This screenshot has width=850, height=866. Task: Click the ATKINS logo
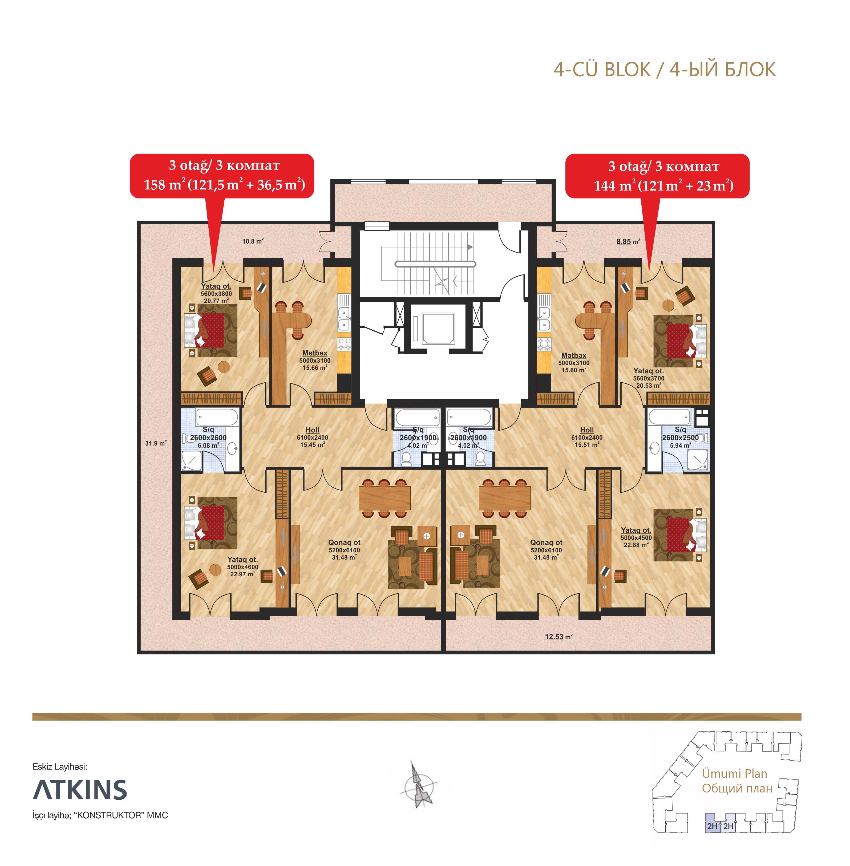80,790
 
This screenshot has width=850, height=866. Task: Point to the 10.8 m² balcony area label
253,241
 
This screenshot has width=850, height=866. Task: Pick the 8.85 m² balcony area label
628,241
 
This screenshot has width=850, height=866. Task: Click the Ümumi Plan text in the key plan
734,774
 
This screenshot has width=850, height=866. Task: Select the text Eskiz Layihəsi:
60,767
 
